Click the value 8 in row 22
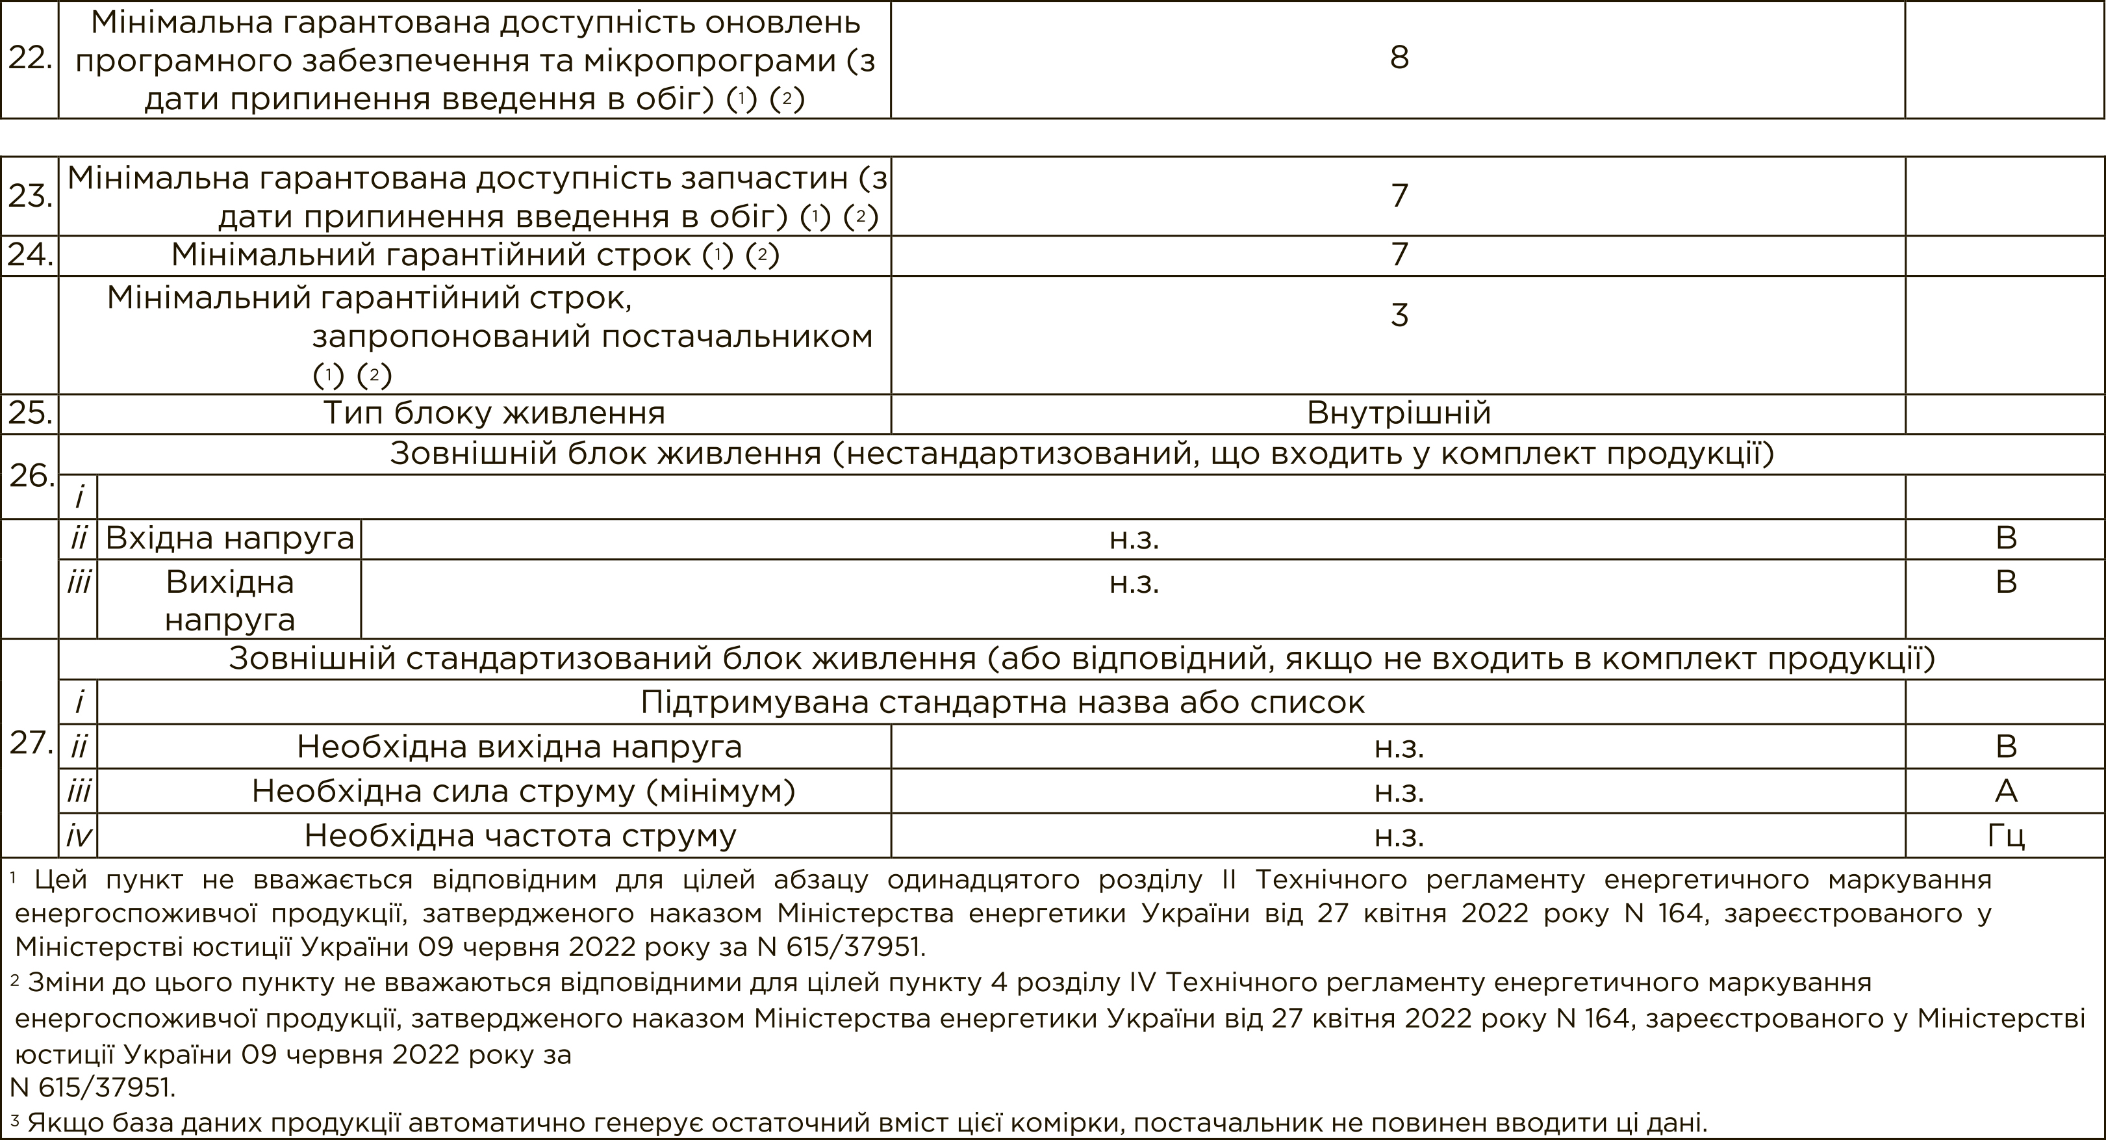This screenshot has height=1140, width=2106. click(x=1399, y=58)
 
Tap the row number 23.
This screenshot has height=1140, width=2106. click(x=31, y=196)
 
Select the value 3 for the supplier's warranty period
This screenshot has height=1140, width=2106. click(x=1399, y=315)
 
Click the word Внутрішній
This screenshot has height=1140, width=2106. click(x=1399, y=413)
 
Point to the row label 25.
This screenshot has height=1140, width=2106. click(x=31, y=413)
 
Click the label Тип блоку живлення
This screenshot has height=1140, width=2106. click(x=494, y=413)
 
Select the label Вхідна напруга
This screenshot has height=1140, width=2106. click(x=230, y=538)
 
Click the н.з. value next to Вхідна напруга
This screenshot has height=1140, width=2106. click(x=1134, y=538)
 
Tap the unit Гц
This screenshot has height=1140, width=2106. click(x=2005, y=835)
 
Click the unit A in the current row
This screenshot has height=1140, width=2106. click(x=2005, y=791)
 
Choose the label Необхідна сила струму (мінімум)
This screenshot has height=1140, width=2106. click(x=523, y=791)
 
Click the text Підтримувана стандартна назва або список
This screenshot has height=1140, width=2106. click(x=1002, y=703)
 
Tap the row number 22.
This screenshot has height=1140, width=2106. click(x=31, y=58)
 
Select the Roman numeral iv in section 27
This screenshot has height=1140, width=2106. click(x=79, y=835)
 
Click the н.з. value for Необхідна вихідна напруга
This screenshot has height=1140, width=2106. click(x=1399, y=747)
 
